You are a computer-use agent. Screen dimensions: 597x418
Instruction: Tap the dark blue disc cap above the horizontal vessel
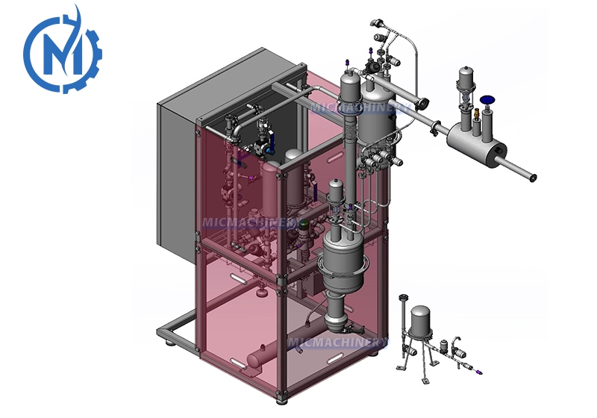pos(487,100)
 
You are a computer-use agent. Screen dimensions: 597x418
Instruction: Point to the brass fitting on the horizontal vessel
pos(476,113)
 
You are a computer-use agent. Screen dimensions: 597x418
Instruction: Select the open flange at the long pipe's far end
pos(533,178)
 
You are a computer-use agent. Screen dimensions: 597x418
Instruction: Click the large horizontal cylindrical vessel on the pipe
pos(476,145)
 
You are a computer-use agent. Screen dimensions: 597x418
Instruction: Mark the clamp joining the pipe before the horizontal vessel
pos(435,128)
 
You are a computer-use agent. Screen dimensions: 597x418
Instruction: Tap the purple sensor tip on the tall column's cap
pos(346,63)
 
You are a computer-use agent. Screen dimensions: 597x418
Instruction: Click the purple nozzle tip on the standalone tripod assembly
pos(479,372)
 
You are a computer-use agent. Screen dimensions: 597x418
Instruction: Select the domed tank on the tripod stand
pos(420,319)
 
